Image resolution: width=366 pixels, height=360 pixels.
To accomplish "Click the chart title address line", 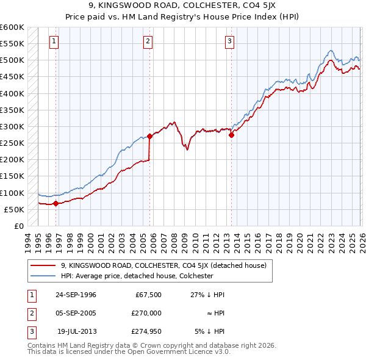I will pos(182,5).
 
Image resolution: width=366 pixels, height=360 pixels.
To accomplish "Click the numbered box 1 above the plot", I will pos(54,41).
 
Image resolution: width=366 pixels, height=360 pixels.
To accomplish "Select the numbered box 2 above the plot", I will pos(148,41).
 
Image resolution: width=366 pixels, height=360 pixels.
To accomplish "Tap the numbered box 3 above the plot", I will pos(229,41).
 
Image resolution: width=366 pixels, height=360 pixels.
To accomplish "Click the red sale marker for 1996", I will pos(56,204).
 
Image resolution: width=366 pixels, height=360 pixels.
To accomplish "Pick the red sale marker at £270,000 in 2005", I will pos(149,137).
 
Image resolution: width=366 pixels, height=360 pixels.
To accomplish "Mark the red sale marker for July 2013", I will pos(231,135).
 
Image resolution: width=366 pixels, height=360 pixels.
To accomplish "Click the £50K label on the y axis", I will pos(14,209).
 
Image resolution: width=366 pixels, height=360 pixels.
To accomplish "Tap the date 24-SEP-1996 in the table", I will pos(76,294).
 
